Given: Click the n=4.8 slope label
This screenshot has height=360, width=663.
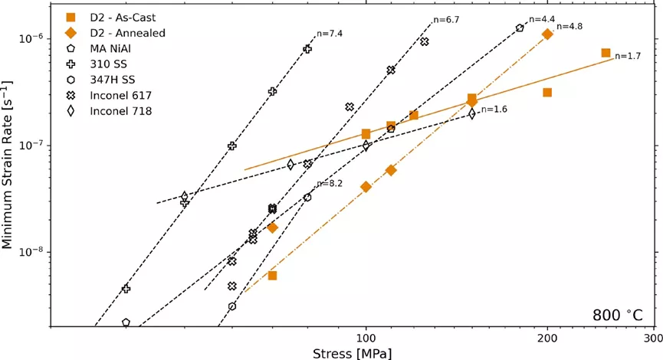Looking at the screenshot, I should pyautogui.click(x=569, y=26).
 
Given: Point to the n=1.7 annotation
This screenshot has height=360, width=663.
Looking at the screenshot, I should pyautogui.click(x=627, y=56).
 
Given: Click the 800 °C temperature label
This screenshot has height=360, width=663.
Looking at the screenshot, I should pyautogui.click(x=618, y=316).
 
